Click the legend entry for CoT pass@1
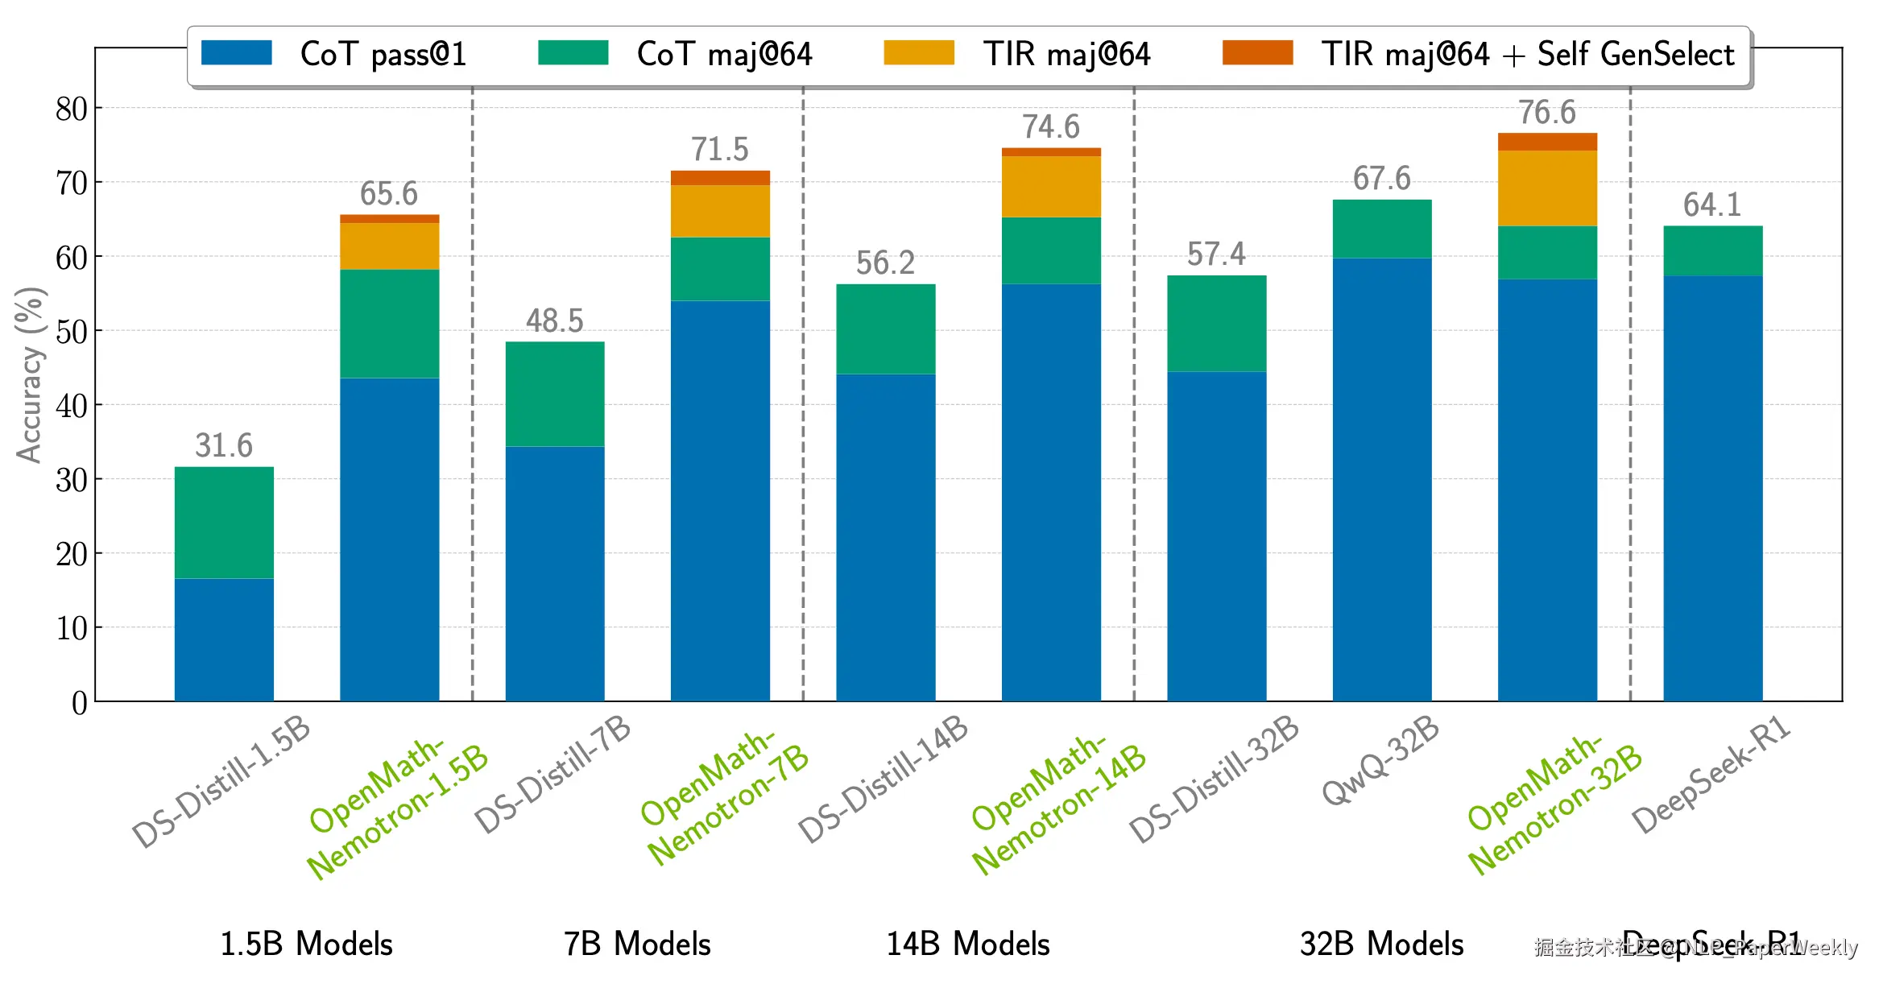click(333, 54)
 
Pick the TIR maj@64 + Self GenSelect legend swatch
click(1257, 53)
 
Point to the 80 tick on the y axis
click(71, 109)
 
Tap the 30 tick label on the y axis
click(71, 480)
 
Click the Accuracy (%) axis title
click(30, 375)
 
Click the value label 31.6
click(224, 445)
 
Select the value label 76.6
click(1547, 112)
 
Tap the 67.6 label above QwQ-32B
click(1382, 178)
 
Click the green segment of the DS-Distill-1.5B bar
click(224, 523)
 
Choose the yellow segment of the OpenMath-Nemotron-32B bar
click(1547, 188)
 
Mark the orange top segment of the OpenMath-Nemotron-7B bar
click(720, 178)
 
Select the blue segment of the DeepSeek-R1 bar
click(1713, 488)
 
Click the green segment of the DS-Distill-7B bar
click(555, 394)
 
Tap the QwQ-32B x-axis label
click(1380, 760)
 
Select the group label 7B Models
click(637, 944)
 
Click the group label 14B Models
click(968, 944)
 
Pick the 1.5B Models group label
click(306, 944)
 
